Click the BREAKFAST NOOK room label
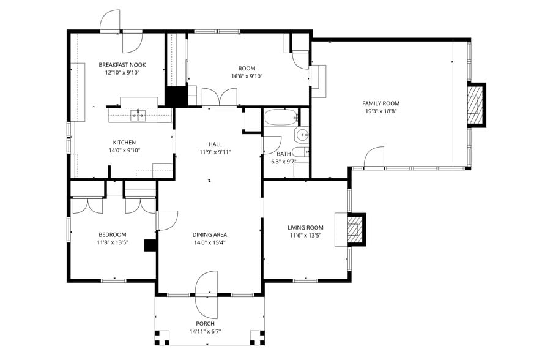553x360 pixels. [x=122, y=64]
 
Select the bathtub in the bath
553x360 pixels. [x=281, y=118]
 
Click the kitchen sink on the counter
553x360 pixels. [x=139, y=114]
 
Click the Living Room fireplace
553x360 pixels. [x=355, y=230]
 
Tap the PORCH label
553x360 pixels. [x=205, y=324]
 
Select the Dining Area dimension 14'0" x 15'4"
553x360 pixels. [x=210, y=243]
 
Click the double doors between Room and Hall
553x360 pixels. [x=219, y=97]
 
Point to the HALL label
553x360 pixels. [x=215, y=144]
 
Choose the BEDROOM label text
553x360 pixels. [x=113, y=234]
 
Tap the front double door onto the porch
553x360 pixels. [x=206, y=294]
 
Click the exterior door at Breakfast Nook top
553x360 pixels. [x=111, y=21]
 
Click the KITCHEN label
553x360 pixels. [x=124, y=142]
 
